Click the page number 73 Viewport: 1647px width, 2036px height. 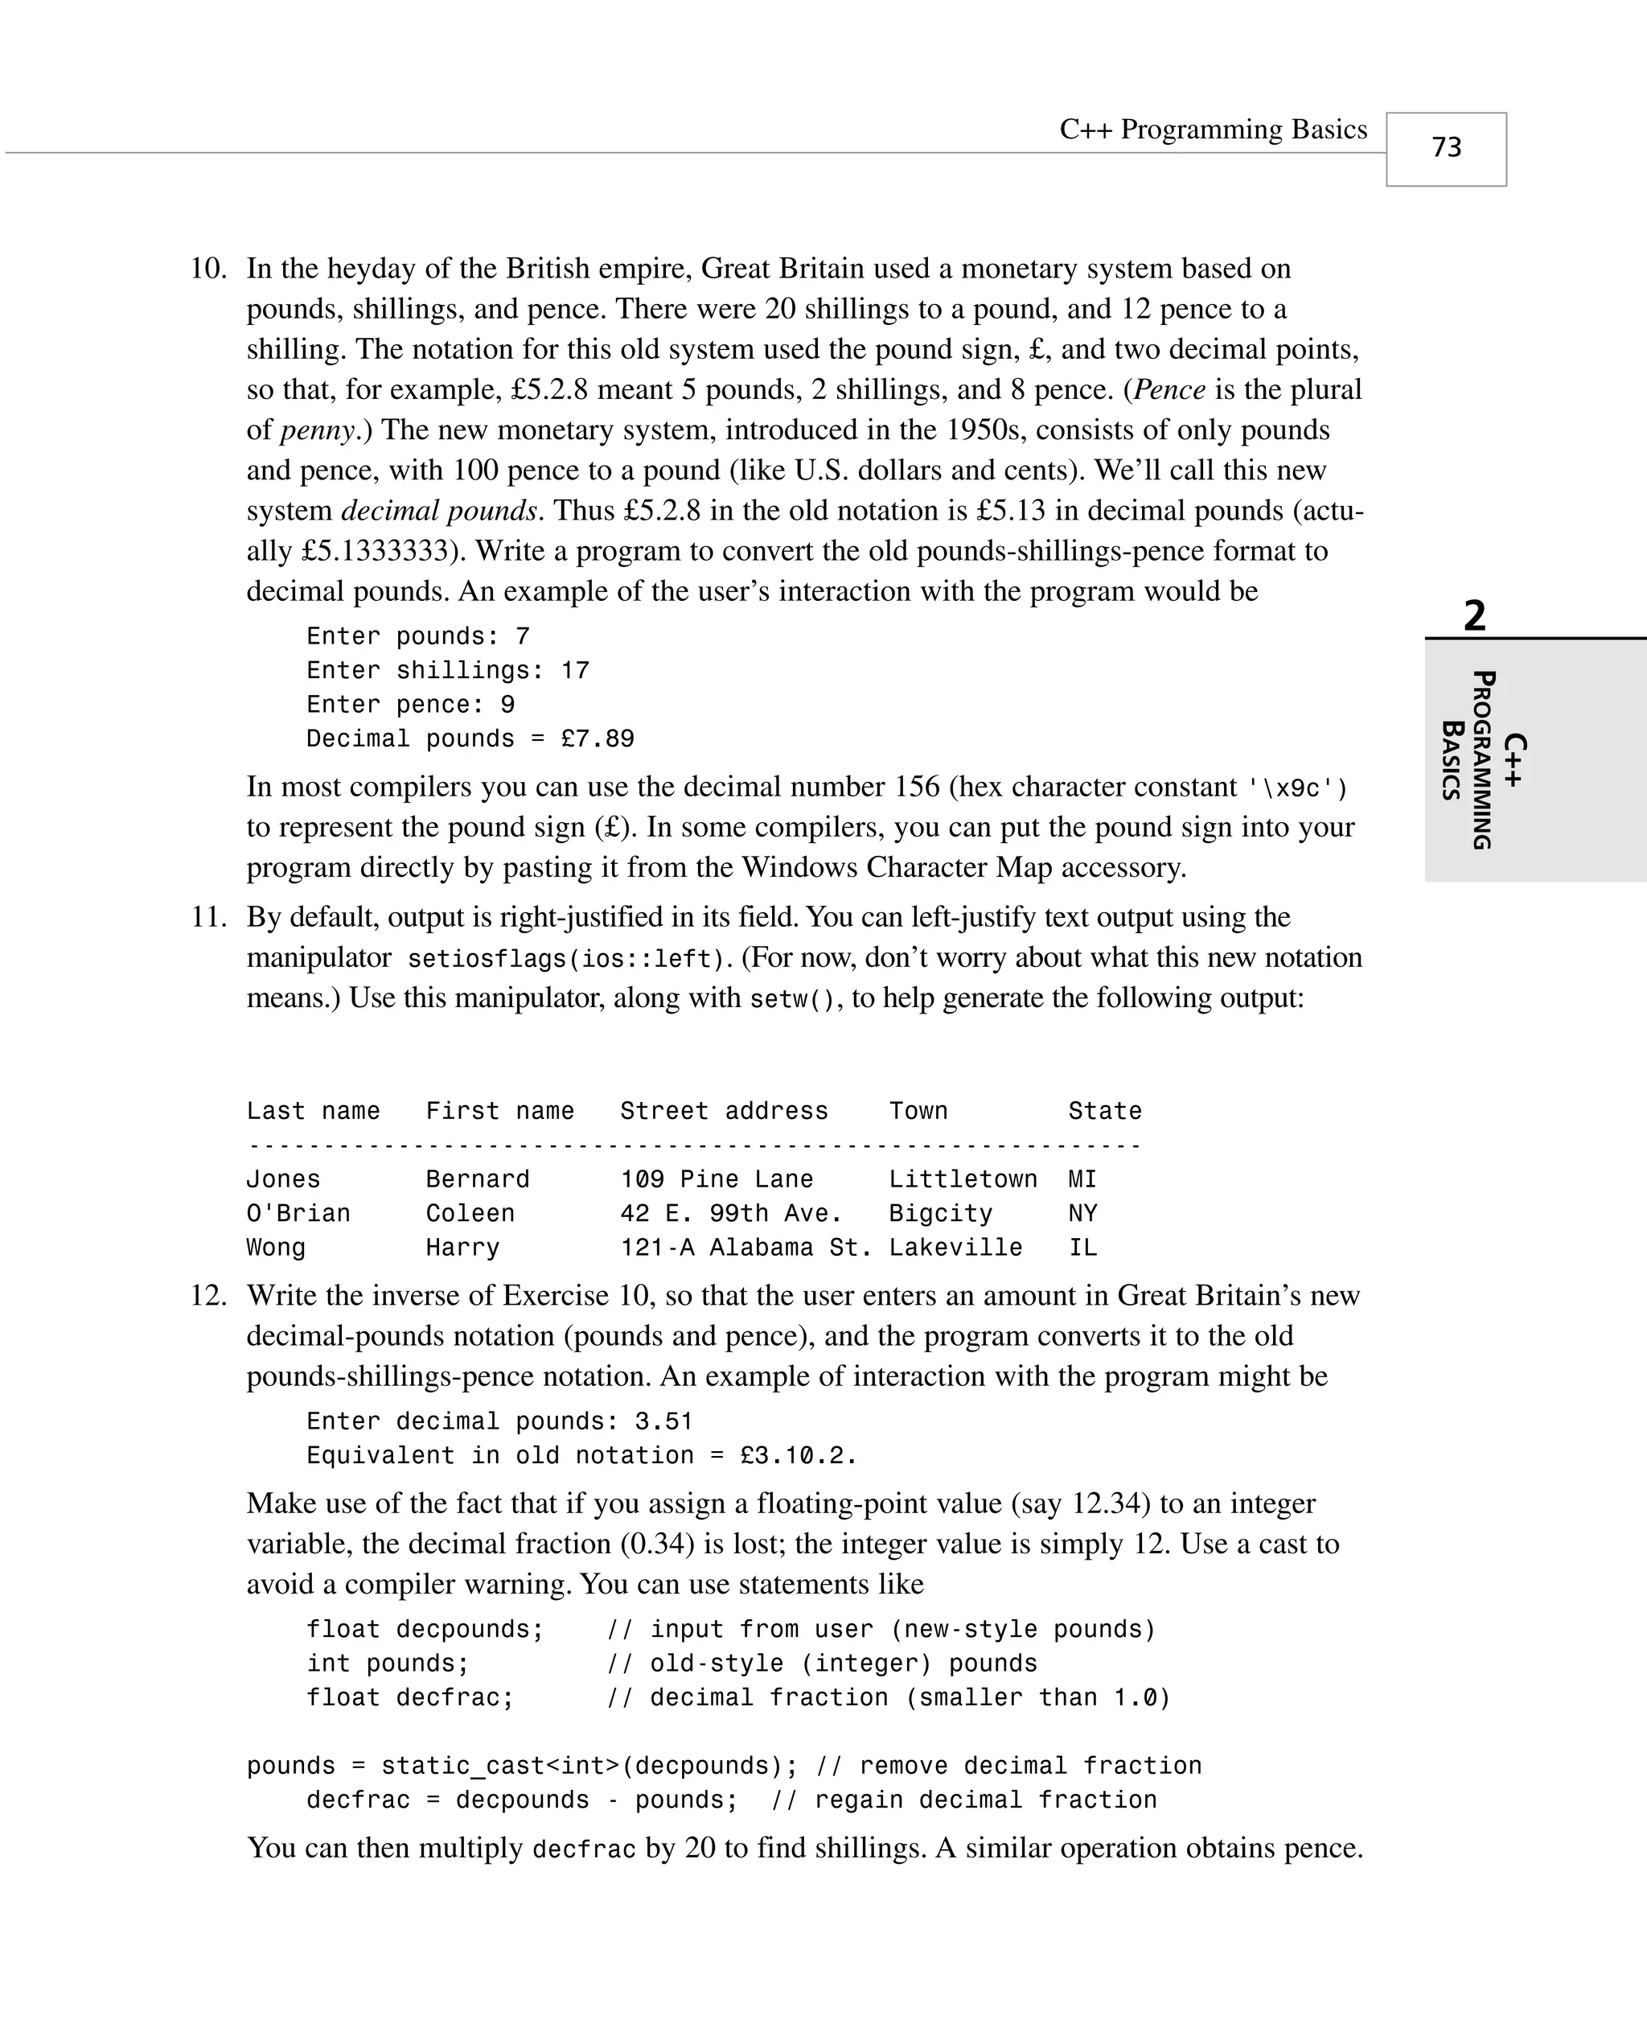coord(1446,147)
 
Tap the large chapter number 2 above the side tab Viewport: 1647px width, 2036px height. coord(1474,615)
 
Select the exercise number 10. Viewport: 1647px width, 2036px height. coord(209,269)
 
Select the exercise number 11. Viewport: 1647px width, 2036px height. coord(209,916)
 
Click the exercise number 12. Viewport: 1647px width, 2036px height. coord(209,1295)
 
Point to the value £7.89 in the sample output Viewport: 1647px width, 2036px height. coord(597,738)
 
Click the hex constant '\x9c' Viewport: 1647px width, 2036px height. coord(1296,788)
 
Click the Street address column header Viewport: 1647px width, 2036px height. coord(724,1111)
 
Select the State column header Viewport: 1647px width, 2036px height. coord(1104,1111)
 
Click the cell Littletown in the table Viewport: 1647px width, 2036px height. coord(962,1179)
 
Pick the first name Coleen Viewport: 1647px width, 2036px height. coord(470,1213)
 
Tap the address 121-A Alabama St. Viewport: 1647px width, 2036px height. coord(745,1248)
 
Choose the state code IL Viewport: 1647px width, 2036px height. coord(1082,1248)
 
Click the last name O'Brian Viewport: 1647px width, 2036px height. coord(298,1213)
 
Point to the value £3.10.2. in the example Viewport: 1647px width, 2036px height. coord(798,1455)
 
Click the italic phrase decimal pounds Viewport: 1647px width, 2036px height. coord(439,511)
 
